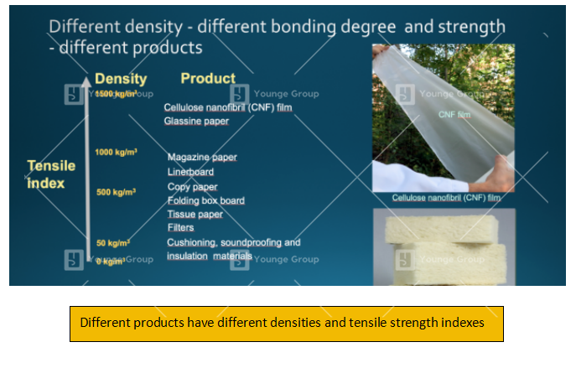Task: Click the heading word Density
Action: pos(121,79)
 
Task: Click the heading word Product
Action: pos(208,79)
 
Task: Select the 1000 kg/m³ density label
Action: pos(116,153)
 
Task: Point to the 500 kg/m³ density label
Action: pos(116,192)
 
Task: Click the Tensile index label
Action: pos(45,174)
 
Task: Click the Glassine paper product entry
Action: pos(196,122)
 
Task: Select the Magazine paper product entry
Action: pos(202,158)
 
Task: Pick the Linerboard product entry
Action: pos(190,172)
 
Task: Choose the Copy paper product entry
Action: pos(192,187)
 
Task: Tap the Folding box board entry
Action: pos(205,200)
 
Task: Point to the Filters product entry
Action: pos(180,227)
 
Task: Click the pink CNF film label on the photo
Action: pos(463,115)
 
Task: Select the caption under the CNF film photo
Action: pos(445,199)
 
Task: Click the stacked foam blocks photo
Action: pos(444,247)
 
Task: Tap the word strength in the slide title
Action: pos(471,27)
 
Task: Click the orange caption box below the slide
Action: pos(286,323)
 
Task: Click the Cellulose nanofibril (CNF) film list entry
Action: pos(227,107)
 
